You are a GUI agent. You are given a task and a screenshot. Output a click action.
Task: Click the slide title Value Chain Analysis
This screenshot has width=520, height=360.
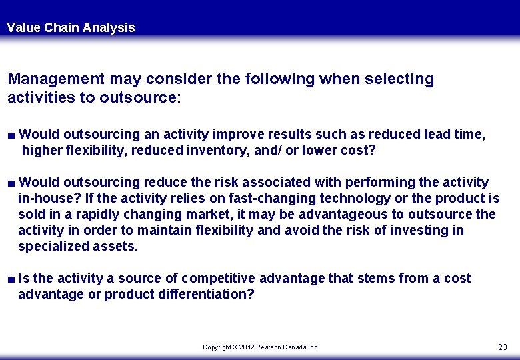tap(71, 27)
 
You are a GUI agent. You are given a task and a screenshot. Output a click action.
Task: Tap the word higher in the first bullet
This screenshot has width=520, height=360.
tap(42, 150)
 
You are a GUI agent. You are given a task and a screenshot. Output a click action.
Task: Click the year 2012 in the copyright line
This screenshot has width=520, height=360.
tap(246, 347)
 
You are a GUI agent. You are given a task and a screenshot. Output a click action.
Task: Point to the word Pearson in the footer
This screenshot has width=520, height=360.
tap(269, 347)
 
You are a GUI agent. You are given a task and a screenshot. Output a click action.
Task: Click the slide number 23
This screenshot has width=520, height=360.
tap(503, 347)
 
